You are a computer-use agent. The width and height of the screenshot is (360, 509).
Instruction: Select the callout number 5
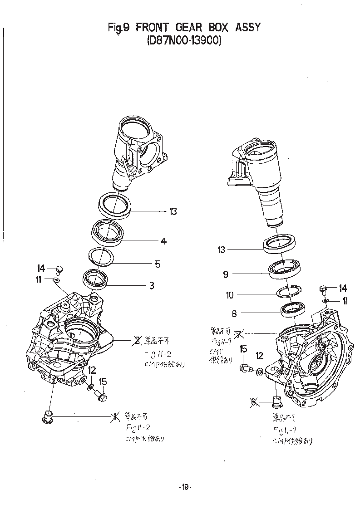click(x=158, y=264)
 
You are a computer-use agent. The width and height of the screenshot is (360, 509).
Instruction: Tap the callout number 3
click(x=152, y=285)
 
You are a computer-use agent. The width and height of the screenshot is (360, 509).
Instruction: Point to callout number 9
click(x=225, y=274)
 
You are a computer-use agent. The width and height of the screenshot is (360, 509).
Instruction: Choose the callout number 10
click(x=230, y=295)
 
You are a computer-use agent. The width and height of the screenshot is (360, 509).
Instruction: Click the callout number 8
click(x=235, y=313)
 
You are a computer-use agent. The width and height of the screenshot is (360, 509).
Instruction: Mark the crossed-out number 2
click(x=135, y=339)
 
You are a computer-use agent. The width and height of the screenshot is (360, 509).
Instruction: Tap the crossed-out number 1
click(x=116, y=416)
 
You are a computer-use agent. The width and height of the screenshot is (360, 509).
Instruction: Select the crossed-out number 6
click(x=253, y=401)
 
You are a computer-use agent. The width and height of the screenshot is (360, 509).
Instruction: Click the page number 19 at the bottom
click(x=185, y=487)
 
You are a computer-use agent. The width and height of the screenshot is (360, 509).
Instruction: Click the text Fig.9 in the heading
click(x=119, y=27)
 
